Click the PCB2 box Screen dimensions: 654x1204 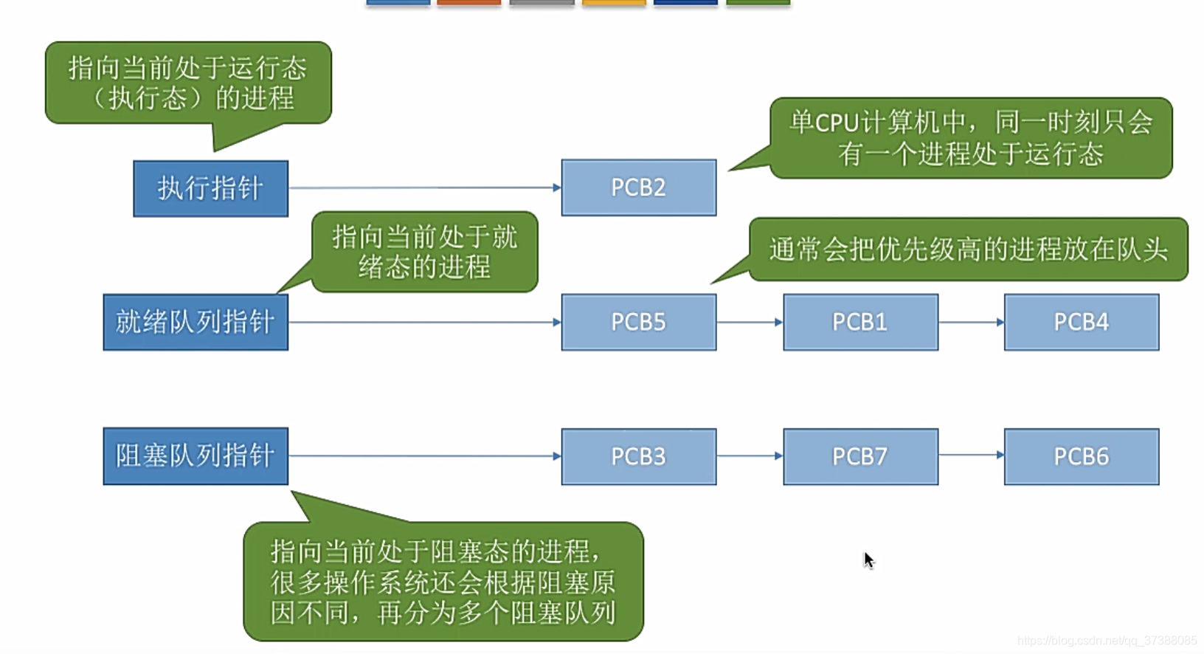[x=638, y=187]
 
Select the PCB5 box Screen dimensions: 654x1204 [x=638, y=322]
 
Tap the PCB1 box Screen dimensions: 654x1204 [x=860, y=322]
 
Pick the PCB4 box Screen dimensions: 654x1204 [x=1081, y=322]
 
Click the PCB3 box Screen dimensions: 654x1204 [x=638, y=456]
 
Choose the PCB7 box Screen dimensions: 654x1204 [x=860, y=456]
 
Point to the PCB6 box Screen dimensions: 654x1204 [x=1081, y=456]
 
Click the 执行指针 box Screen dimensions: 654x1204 [x=210, y=188]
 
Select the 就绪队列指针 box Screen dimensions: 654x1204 [x=196, y=322]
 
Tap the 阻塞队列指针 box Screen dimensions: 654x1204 [x=196, y=456]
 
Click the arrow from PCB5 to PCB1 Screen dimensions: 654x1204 [x=749, y=322]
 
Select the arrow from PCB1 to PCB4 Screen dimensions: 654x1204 [x=971, y=322]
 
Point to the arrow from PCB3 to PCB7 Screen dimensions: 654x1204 [x=749, y=456]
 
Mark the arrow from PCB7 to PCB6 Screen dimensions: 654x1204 [x=971, y=455]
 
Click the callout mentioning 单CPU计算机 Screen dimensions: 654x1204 [x=970, y=138]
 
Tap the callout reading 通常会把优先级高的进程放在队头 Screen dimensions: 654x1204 [x=968, y=249]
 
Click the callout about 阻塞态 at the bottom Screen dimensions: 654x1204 [x=443, y=582]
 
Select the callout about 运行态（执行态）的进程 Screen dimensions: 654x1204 [x=188, y=83]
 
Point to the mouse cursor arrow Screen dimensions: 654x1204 [x=868, y=560]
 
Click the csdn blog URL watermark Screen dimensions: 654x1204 [x=1107, y=641]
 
